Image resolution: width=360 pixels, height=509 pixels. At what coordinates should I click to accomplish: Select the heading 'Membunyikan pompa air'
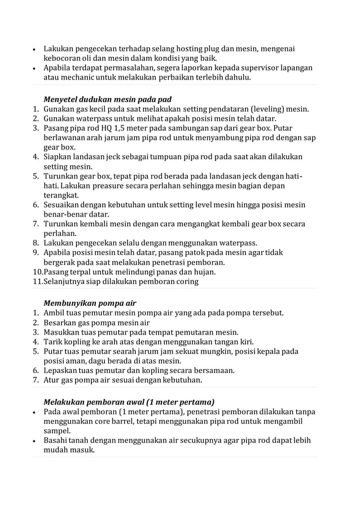click(x=90, y=302)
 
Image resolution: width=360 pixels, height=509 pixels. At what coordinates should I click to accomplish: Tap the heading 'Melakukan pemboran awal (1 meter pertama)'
click(x=129, y=402)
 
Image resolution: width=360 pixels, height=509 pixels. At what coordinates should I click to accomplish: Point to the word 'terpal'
click(x=84, y=272)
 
